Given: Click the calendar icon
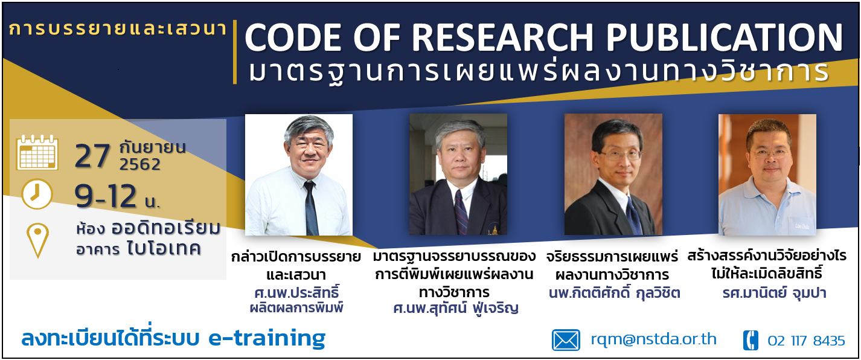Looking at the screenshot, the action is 37,152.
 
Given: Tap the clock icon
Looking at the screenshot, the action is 36,194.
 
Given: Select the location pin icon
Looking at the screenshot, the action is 37,240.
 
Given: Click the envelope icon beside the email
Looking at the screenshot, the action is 566,340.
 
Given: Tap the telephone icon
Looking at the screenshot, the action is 751,341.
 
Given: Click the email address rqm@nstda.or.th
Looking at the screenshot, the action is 653,339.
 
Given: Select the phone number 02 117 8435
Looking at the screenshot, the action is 806,341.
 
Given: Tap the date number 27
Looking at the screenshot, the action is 92,156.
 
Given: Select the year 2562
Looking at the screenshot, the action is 140,165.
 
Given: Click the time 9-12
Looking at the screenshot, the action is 106,196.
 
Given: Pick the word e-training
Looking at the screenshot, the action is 267,338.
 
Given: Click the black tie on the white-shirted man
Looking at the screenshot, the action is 310,208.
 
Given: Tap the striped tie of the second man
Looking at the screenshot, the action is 461,212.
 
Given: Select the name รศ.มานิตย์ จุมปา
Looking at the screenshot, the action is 774,293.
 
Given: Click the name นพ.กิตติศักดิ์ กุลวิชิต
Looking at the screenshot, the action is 614,293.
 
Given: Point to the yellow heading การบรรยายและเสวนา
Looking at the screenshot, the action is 118,29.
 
